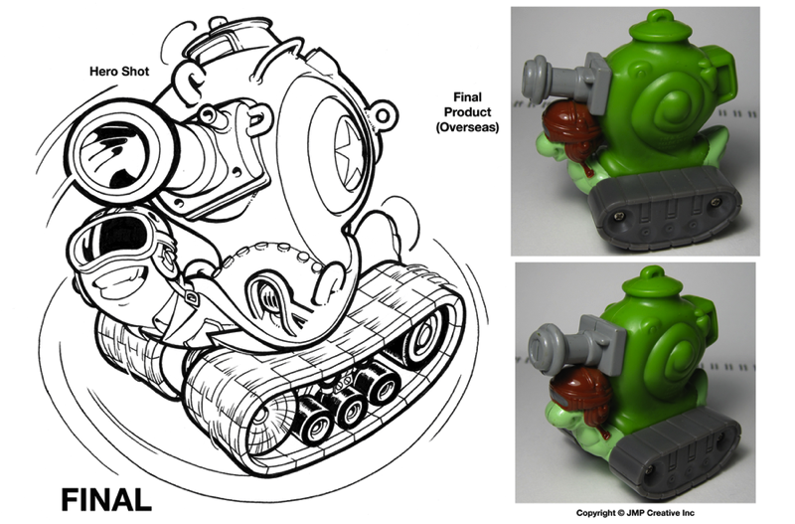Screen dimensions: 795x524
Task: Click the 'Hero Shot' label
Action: point(119,71)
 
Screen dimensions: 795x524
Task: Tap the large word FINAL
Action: point(106,500)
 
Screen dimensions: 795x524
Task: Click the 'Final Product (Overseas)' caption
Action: point(467,112)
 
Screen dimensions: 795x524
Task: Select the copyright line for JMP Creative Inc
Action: point(635,513)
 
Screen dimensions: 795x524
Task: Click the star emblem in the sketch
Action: point(349,153)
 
